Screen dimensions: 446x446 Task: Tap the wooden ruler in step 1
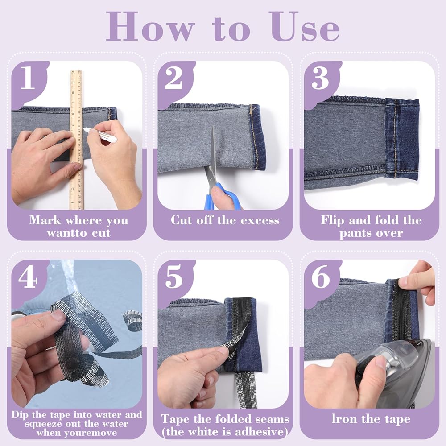(x=76, y=140)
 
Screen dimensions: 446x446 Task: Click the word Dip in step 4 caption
(x=20, y=415)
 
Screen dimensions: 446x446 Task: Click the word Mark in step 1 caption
(x=45, y=220)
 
